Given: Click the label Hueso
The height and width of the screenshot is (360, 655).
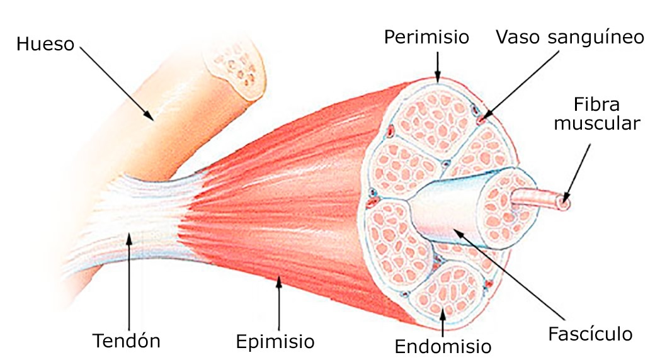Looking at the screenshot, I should click(x=45, y=45).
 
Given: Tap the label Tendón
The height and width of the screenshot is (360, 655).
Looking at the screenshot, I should click(x=127, y=341).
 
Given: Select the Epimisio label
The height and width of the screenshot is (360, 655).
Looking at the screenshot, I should click(x=275, y=342).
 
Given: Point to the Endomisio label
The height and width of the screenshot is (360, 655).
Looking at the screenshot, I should click(x=443, y=346).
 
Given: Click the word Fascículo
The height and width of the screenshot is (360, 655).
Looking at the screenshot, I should click(x=589, y=333).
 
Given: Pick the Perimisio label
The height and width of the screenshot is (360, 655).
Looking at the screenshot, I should click(x=426, y=37).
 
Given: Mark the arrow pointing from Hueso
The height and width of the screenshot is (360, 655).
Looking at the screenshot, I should click(x=116, y=82).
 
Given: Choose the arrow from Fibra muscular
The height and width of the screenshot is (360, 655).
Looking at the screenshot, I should click(x=578, y=172).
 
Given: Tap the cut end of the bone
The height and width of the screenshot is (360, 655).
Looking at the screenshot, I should click(x=240, y=69).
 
